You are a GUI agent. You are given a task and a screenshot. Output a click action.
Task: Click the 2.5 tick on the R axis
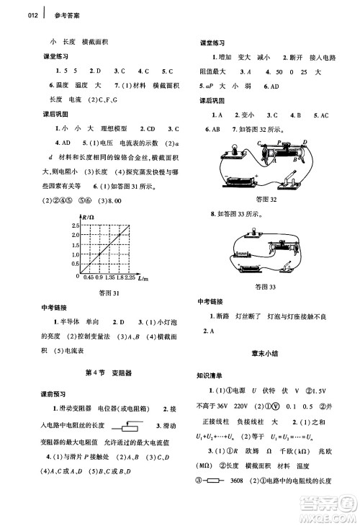click(x=74, y=226)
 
